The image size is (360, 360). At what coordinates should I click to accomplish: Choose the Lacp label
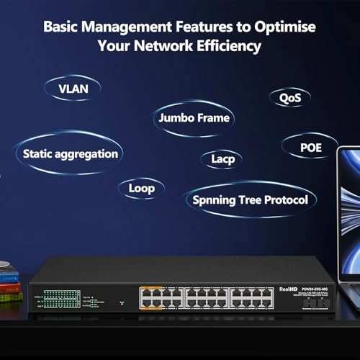coord(222,158)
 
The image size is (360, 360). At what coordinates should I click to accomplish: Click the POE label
coord(310,148)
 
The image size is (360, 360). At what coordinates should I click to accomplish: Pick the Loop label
coord(141,189)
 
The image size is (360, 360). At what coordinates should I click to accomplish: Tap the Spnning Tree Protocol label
coord(250,199)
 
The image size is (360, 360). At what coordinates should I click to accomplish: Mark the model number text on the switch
coord(313,289)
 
